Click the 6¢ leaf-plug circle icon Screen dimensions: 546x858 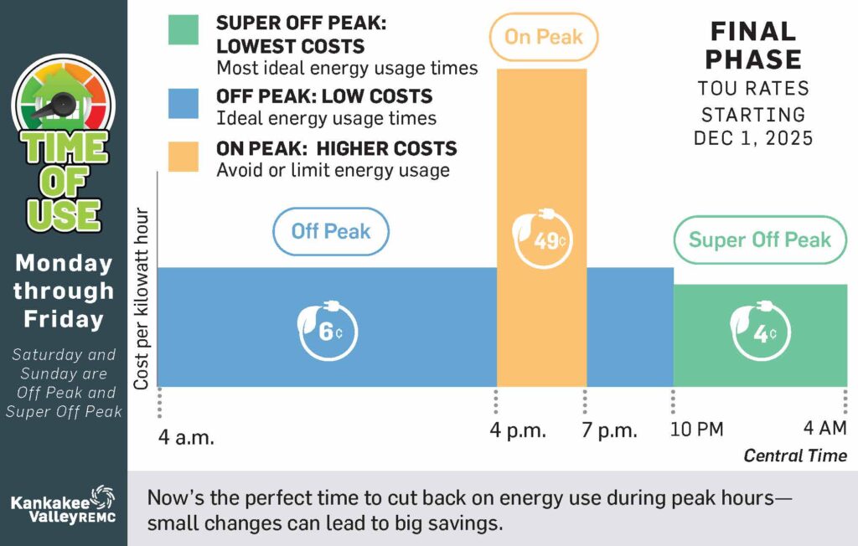coord(328,330)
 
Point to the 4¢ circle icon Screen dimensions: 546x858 coord(760,332)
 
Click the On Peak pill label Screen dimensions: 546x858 coord(543,37)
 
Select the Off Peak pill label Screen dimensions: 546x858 coord(331,231)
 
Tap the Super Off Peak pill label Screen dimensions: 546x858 coord(759,240)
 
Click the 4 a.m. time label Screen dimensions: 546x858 coord(187,436)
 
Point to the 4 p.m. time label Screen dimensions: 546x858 coord(519,431)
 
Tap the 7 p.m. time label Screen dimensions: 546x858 coord(611,431)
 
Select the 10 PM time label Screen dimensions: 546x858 coord(697,430)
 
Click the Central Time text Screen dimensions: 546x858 coord(795,456)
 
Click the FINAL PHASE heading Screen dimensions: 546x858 coord(754,45)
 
